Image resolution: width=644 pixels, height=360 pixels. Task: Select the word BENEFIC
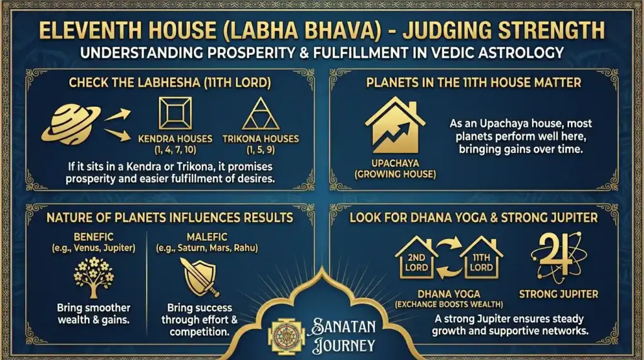pyautogui.click(x=94, y=236)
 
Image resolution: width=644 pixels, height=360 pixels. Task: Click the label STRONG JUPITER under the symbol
pyautogui.click(x=558, y=294)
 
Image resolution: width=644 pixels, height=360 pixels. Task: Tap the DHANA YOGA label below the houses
pyautogui.click(x=449, y=294)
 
